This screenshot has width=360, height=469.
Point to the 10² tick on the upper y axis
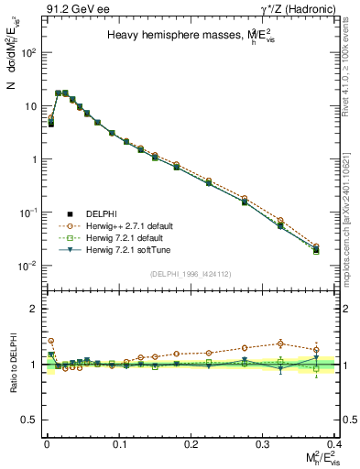coord(27,52)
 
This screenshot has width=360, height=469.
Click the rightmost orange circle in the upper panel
coord(316,245)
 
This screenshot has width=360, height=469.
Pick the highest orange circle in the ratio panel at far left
coord(50,341)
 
